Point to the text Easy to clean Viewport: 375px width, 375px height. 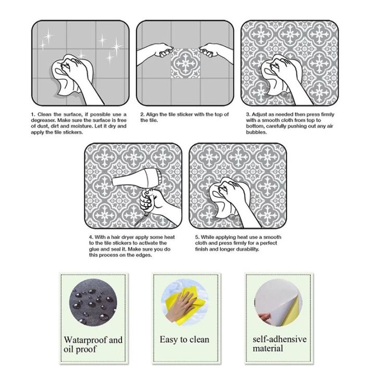[x=184, y=340]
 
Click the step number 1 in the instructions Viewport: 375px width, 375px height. [x=32, y=115]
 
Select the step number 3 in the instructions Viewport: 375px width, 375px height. [x=247, y=115]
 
